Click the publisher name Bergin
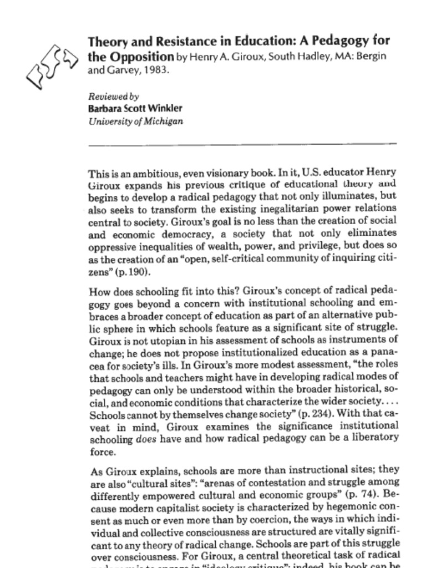pyautogui.click(x=373, y=57)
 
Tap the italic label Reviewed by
pyautogui.click(x=113, y=97)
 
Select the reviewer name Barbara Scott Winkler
pyautogui.click(x=135, y=109)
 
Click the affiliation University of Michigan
pyautogui.click(x=135, y=121)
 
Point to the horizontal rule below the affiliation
pyautogui.click(x=242, y=144)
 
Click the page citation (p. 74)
pyautogui.click(x=355, y=495)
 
